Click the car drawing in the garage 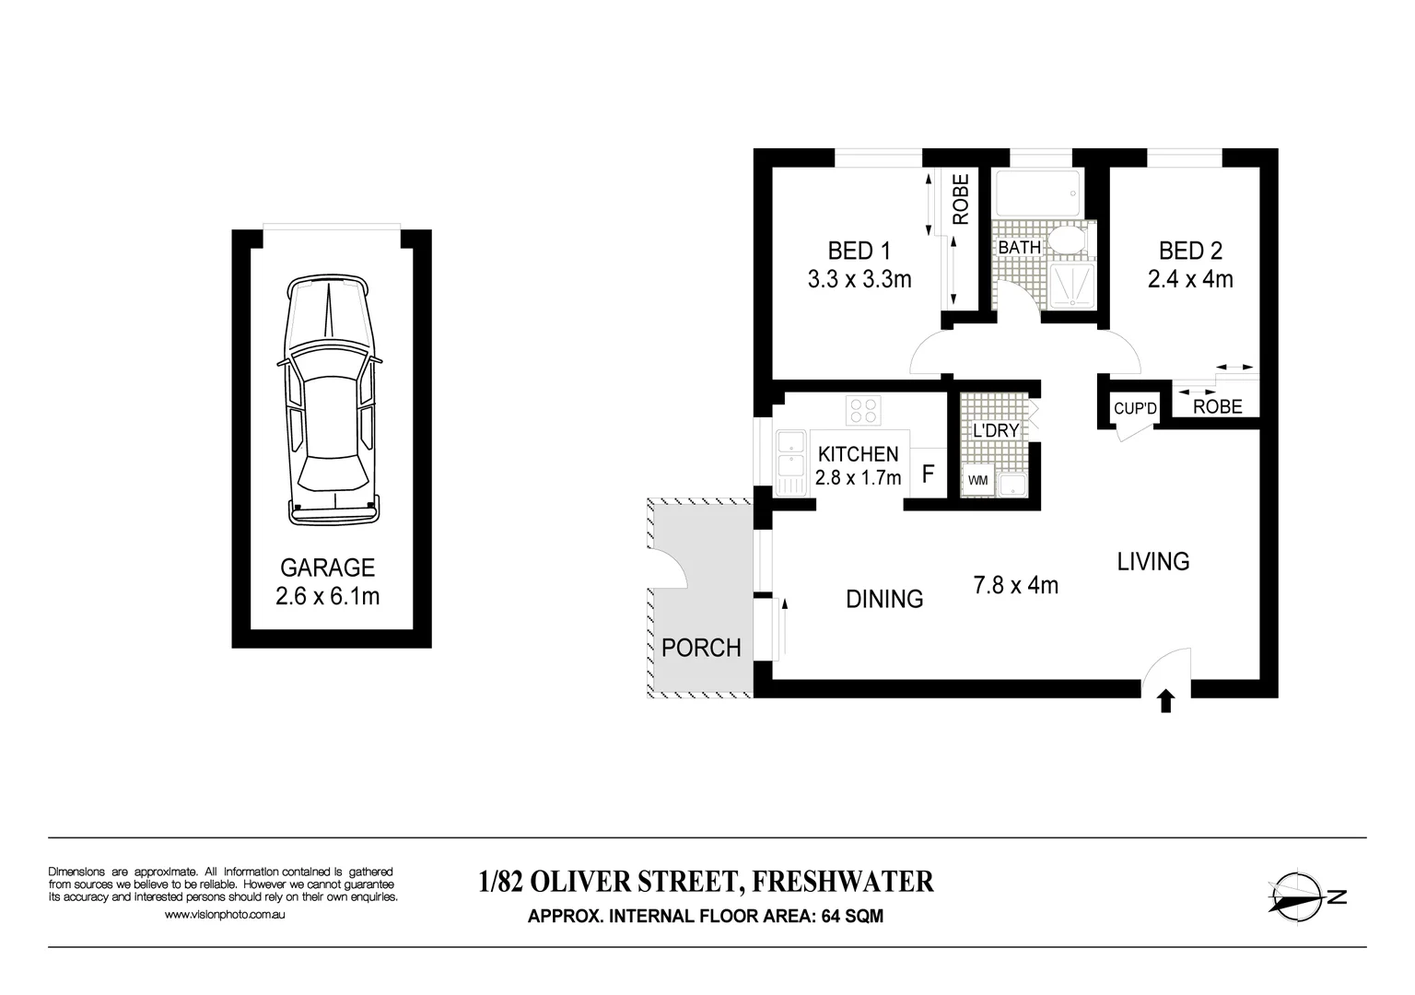(330, 401)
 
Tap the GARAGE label (327, 568)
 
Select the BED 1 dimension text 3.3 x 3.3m (859, 279)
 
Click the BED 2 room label (1190, 251)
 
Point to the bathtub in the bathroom (1037, 193)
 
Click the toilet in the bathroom (1071, 242)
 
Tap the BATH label (1019, 248)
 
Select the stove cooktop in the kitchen (863, 410)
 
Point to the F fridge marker (929, 475)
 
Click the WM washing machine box (975, 481)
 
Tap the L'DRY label (996, 430)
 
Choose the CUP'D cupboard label (1134, 408)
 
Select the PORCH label (701, 648)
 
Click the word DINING (884, 600)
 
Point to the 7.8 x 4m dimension (1015, 585)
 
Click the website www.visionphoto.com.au (225, 915)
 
